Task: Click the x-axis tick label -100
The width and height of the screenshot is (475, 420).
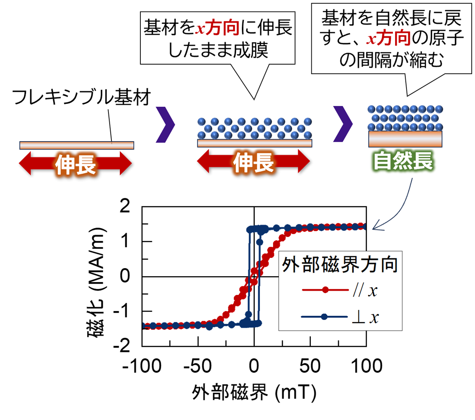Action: coord(142,366)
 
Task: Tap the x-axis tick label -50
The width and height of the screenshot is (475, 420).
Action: coord(197,366)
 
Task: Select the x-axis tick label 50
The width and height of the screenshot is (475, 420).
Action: coord(310,366)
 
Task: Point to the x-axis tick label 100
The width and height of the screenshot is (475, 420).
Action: coord(367,366)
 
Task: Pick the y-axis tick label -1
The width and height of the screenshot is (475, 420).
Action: coord(122,311)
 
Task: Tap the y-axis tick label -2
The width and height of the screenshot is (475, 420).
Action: coord(122,346)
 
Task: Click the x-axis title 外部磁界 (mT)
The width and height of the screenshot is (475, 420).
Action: coord(254,392)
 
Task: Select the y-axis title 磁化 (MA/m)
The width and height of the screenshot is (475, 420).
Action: coord(97,282)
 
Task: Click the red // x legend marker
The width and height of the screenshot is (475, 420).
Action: coord(325,290)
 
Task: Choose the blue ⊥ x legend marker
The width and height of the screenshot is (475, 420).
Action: coord(324,317)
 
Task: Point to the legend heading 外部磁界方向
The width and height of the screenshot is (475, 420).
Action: coord(340,265)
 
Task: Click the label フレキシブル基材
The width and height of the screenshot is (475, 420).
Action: coord(81,97)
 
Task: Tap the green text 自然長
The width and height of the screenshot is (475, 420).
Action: coord(403,161)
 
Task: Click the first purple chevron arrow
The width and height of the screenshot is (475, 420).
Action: coord(165,124)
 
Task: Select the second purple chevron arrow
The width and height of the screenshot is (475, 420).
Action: coord(343,124)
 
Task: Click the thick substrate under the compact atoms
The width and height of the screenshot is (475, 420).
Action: coord(405,139)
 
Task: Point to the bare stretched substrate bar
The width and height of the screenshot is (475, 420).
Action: coord(77,146)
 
